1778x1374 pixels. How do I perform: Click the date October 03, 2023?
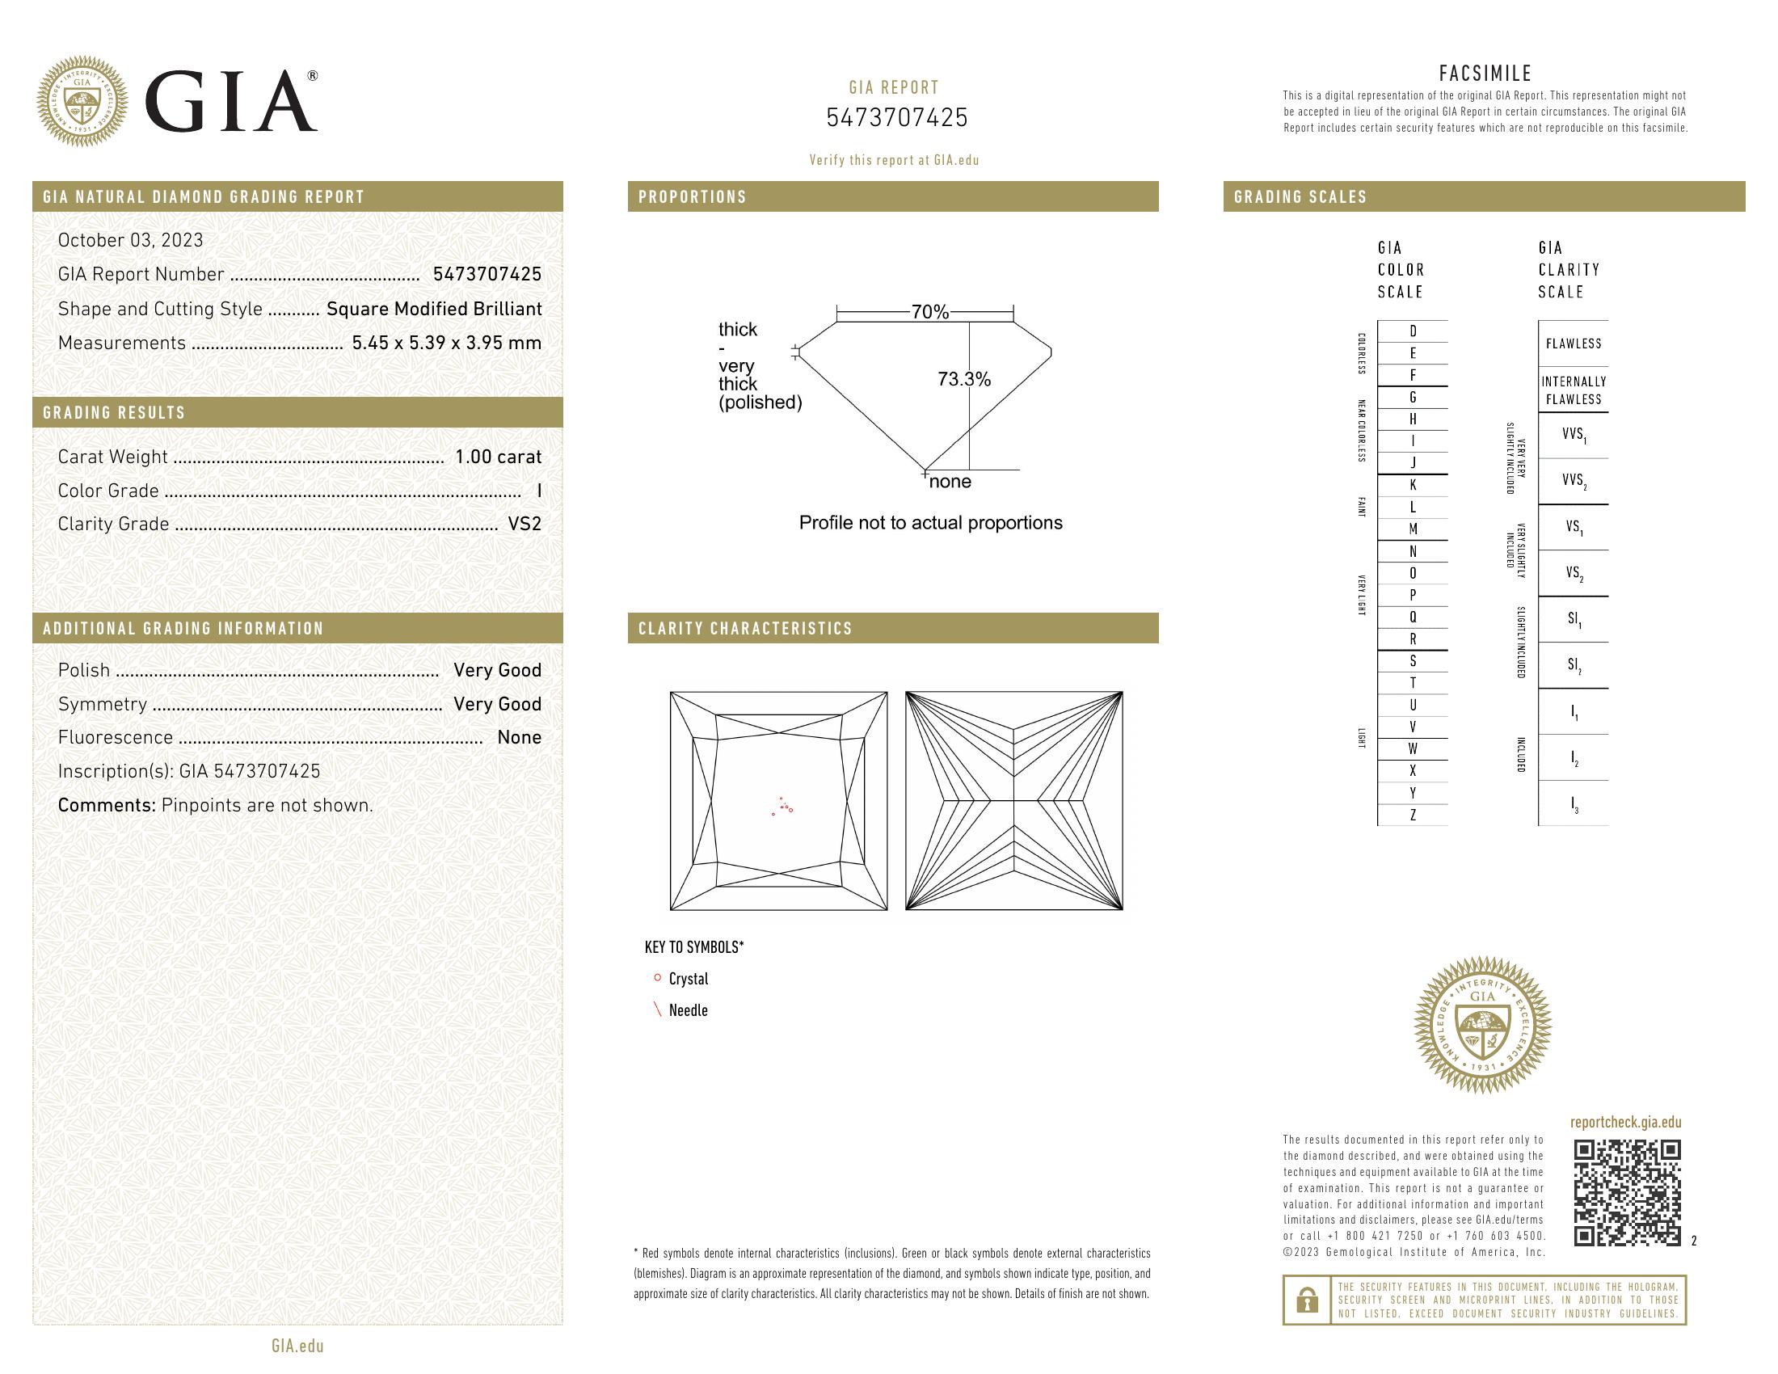click(130, 240)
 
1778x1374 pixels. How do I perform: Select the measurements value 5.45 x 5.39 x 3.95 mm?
click(446, 343)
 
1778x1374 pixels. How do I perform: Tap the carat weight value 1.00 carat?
click(497, 457)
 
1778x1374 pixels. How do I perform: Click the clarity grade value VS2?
click(525, 525)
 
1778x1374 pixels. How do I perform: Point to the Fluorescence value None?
click(519, 737)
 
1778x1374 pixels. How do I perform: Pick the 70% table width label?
click(929, 312)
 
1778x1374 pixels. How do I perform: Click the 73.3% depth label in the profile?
click(964, 379)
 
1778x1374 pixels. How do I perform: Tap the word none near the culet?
click(950, 482)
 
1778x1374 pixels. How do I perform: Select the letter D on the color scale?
click(1413, 331)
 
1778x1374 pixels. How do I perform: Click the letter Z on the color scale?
click(1413, 815)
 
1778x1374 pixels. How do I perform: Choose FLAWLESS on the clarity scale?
click(1573, 343)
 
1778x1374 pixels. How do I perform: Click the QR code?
click(1627, 1193)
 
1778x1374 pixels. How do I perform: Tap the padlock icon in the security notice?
click(1307, 1300)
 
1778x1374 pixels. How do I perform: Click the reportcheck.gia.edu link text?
click(1625, 1123)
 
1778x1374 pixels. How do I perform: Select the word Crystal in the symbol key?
click(688, 980)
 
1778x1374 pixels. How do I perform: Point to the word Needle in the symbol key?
click(688, 1011)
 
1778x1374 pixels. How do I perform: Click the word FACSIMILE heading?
click(1485, 74)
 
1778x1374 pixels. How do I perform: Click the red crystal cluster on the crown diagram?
click(784, 807)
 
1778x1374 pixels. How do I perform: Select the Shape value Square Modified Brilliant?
click(434, 310)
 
